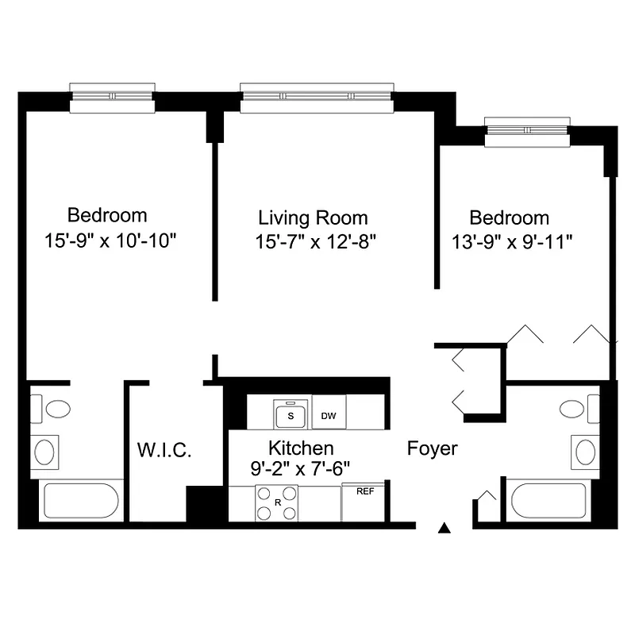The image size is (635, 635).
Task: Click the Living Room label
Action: tap(313, 217)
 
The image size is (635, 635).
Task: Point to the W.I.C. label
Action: tap(164, 450)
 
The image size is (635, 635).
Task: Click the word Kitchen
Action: tap(300, 448)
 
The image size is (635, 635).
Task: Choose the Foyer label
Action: tap(432, 448)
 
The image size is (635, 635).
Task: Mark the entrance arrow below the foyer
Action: tap(445, 527)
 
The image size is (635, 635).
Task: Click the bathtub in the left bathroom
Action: tap(80, 501)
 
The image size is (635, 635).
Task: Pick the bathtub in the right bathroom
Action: tap(548, 500)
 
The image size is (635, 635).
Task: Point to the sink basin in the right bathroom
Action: tap(585, 452)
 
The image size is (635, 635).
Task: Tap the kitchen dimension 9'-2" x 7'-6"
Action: tap(300, 468)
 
